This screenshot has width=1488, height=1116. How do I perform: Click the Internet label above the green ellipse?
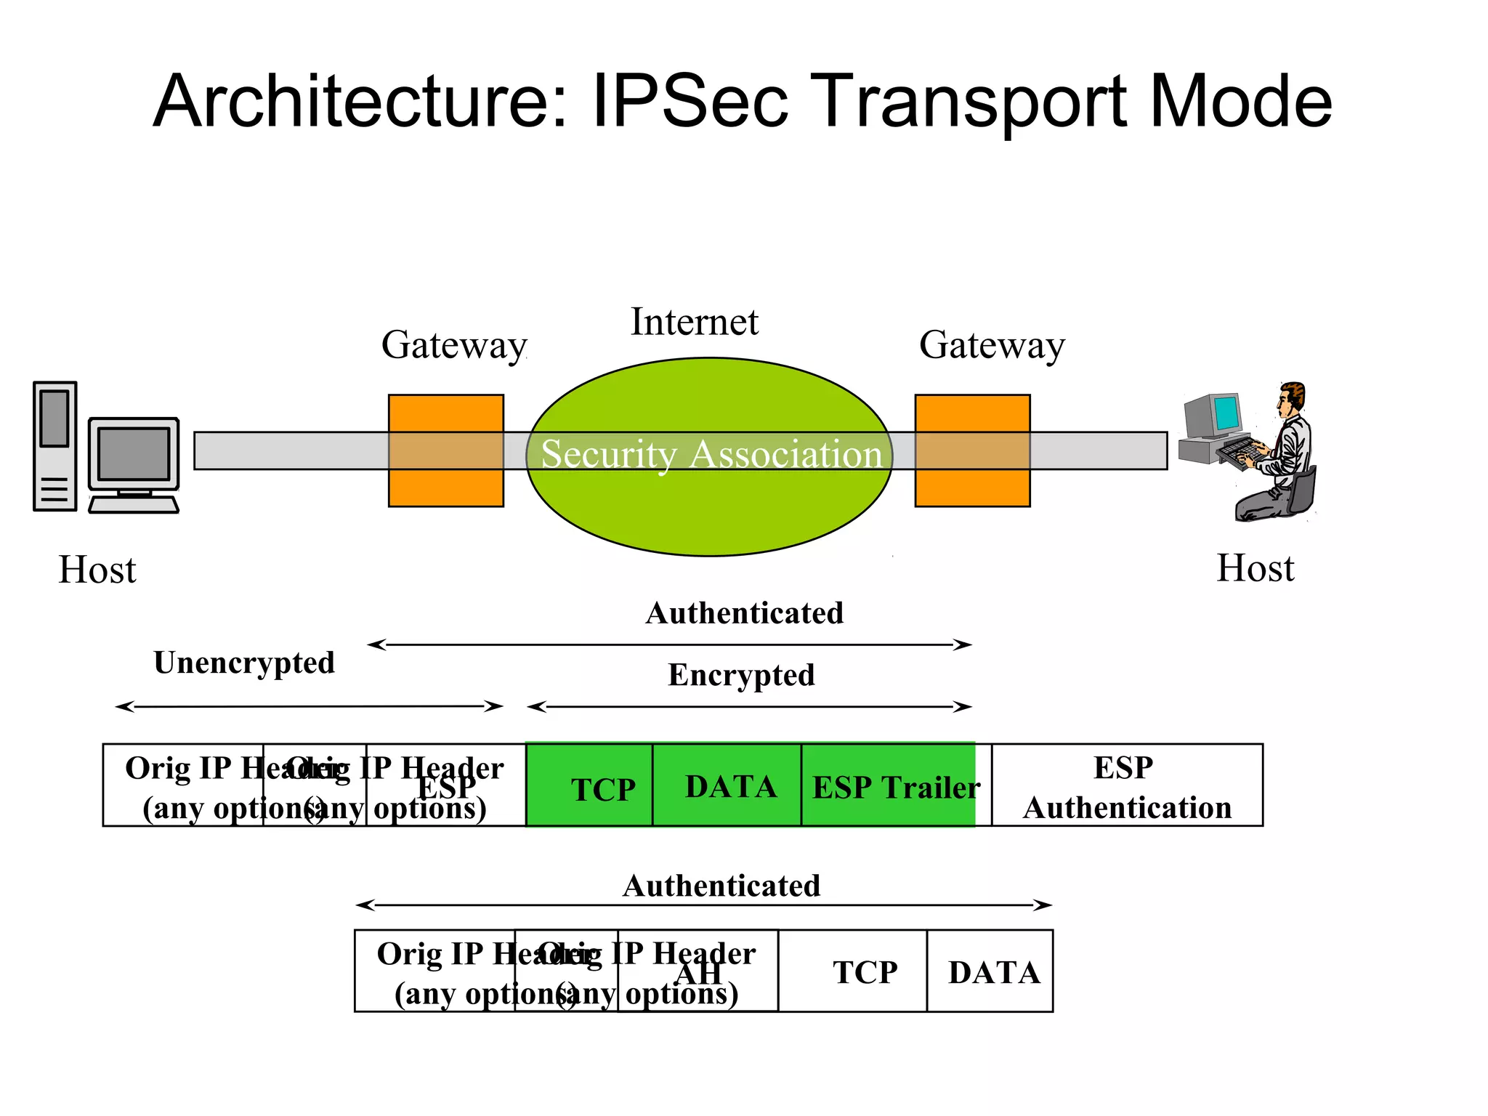point(694,322)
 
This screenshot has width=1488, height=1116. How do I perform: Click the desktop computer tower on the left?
point(55,446)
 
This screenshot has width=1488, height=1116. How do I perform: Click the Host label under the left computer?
point(97,569)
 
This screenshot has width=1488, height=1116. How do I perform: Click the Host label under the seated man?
point(1255,567)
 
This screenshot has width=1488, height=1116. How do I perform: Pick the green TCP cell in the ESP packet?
point(589,785)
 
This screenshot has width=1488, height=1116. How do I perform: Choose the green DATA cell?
point(727,785)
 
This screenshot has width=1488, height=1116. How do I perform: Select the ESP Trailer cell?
point(889,785)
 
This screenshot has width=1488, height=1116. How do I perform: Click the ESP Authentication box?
point(1126,785)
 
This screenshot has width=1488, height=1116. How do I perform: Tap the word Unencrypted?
point(244,663)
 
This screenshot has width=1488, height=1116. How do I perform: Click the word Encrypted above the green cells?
point(741,675)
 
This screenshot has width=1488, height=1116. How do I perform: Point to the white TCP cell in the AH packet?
point(853,971)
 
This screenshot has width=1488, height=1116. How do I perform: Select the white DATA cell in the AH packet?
point(990,971)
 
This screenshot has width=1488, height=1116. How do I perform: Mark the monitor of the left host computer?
point(134,455)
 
